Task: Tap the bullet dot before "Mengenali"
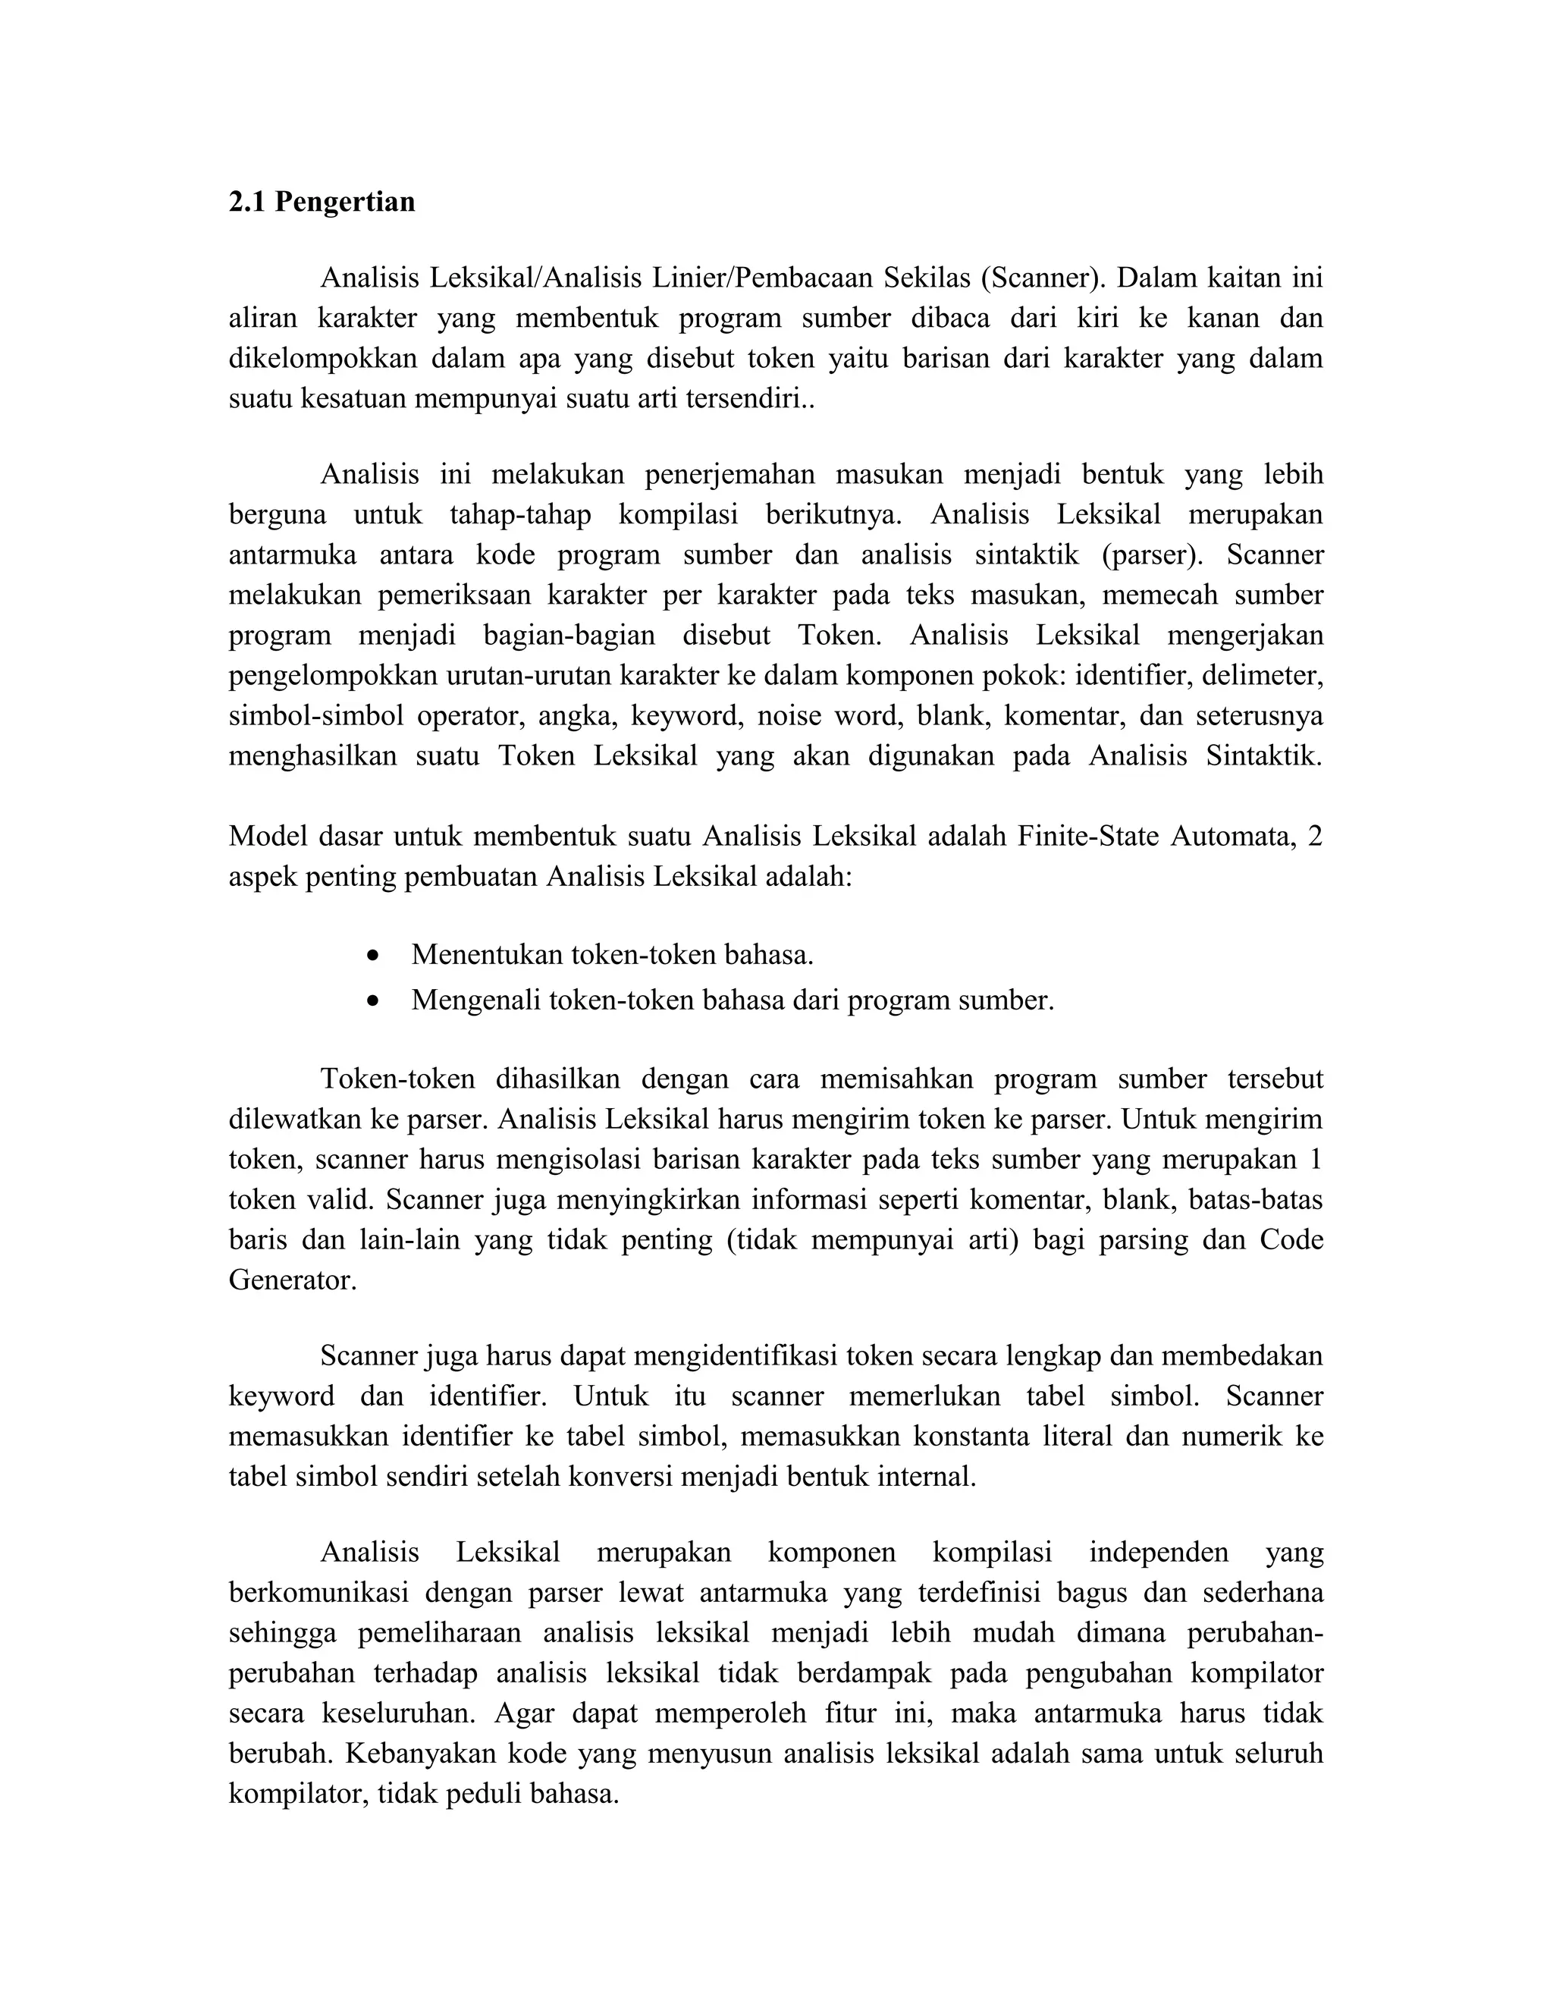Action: [x=372, y=1001]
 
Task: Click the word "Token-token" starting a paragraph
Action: [x=397, y=1079]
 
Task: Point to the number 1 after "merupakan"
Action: [x=1315, y=1159]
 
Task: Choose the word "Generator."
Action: [x=292, y=1280]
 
